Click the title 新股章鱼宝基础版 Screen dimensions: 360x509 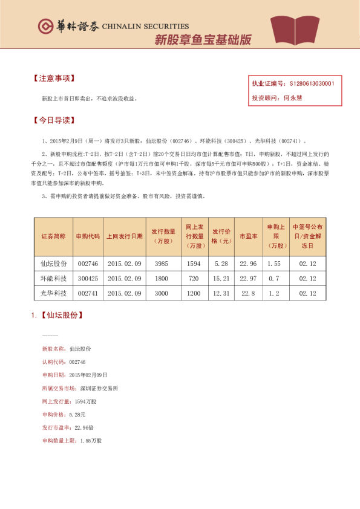pos(203,40)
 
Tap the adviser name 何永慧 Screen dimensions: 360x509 pos(293,97)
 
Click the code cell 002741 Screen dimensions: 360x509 pos(88,293)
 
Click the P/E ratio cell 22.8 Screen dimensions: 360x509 pos(249,293)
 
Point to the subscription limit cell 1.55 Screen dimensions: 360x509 pos(274,264)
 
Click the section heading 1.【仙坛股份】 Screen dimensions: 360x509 pos(57,315)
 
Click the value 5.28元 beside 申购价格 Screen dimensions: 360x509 pos(77,415)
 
